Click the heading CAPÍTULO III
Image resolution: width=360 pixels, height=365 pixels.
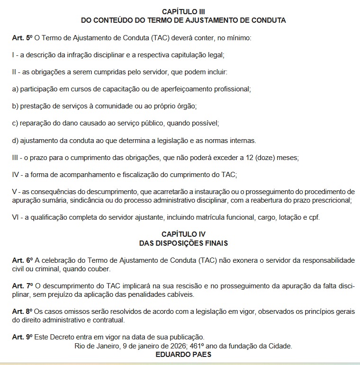[x=183, y=11]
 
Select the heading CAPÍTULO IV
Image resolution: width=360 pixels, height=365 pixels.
[x=183, y=234]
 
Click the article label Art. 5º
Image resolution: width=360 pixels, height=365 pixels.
[x=22, y=37]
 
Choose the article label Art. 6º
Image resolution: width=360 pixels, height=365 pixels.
[x=22, y=261]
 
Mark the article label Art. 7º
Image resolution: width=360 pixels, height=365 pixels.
[x=22, y=286]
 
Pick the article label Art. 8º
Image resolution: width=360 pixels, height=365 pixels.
[x=22, y=312]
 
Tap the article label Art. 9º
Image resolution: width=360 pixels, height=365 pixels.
[x=22, y=338]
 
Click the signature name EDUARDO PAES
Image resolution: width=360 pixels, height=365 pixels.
[x=183, y=355]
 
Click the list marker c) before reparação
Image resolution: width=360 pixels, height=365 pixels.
[x=15, y=123]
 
